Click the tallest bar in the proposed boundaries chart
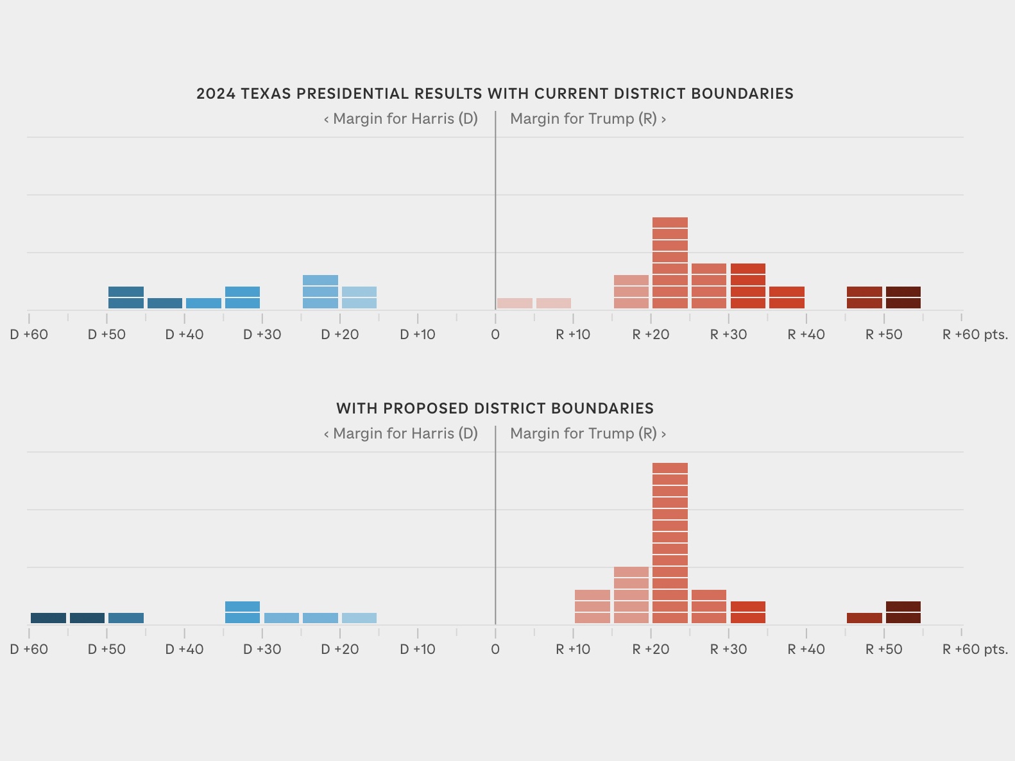(x=670, y=542)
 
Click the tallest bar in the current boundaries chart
(x=670, y=263)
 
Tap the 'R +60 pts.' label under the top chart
(x=974, y=335)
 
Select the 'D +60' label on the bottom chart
(x=29, y=649)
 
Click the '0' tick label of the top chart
(x=495, y=335)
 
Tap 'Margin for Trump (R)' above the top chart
(x=583, y=119)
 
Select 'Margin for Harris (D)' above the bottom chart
(x=405, y=433)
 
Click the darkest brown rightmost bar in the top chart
(x=903, y=297)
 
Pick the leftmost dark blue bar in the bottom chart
(x=48, y=618)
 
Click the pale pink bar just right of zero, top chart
(x=515, y=303)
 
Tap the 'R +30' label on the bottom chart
(x=728, y=649)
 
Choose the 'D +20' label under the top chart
(x=339, y=335)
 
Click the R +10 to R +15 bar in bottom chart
(x=592, y=606)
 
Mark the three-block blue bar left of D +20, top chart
(x=320, y=292)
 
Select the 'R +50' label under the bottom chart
(x=883, y=649)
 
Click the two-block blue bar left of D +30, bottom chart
(x=243, y=612)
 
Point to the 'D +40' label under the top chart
(x=184, y=335)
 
